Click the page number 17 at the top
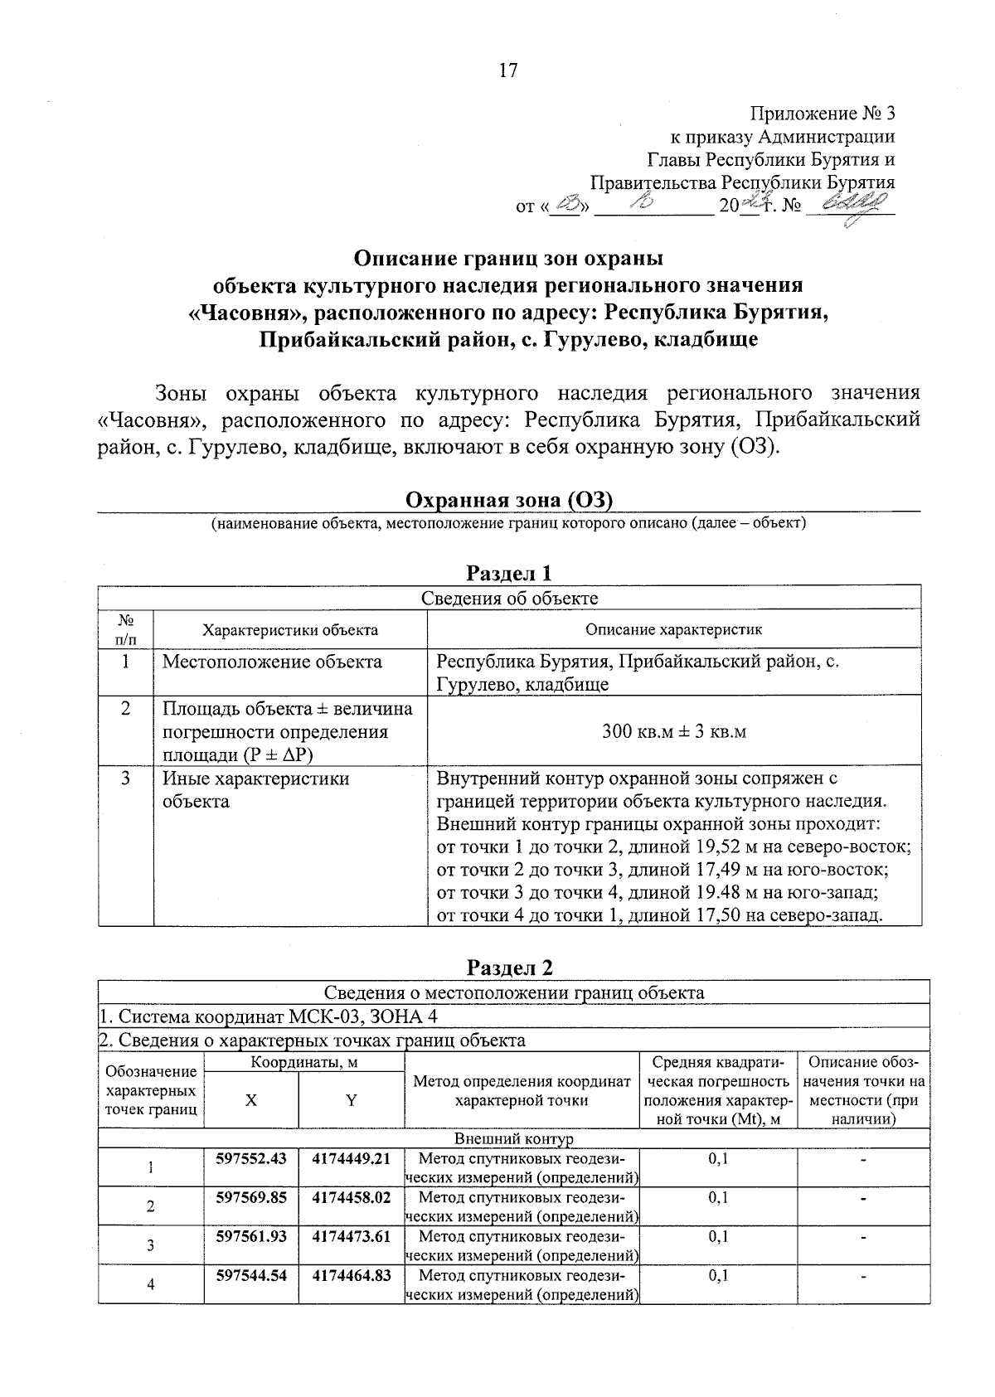point(507,70)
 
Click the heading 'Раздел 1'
point(509,573)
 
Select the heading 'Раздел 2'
point(509,968)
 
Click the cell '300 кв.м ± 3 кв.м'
point(673,731)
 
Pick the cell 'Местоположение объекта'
point(272,662)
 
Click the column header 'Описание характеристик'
point(673,629)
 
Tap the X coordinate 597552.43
point(250,1158)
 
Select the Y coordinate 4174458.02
point(351,1197)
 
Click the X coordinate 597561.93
point(250,1236)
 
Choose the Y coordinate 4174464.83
point(351,1275)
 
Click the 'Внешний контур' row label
point(513,1139)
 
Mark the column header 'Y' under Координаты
point(351,1100)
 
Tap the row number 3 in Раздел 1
point(125,779)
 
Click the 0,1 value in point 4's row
point(717,1275)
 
